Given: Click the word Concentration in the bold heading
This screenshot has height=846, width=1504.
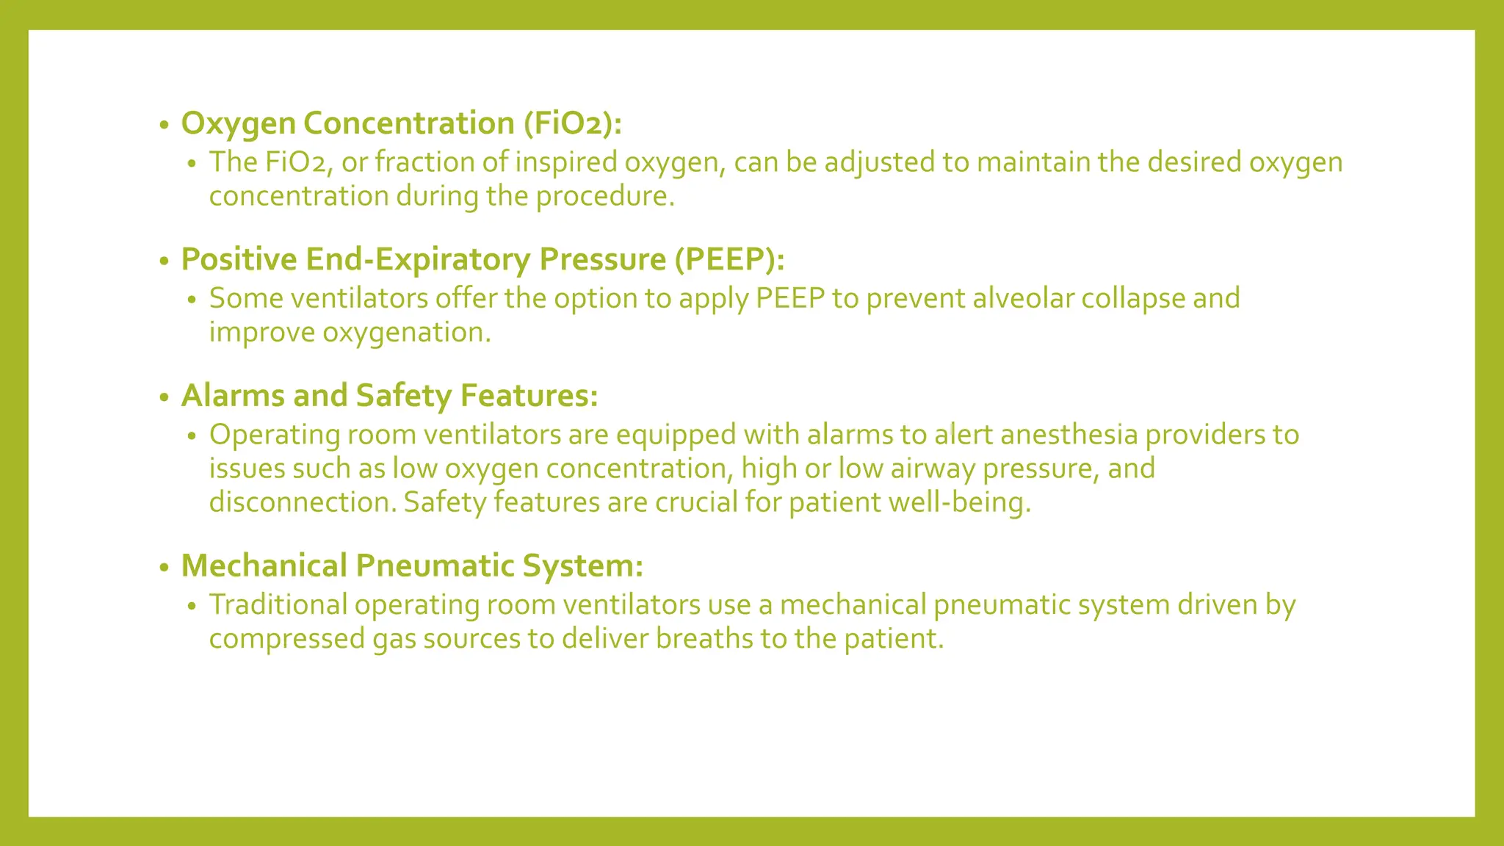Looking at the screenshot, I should (408, 123).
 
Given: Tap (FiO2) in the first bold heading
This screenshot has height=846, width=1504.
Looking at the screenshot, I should (572, 123).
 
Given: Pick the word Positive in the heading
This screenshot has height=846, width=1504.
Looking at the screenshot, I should (238, 259).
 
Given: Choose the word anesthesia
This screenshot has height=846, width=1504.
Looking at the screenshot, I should (1069, 435).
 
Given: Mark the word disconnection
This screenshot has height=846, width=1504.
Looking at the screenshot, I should (303, 503).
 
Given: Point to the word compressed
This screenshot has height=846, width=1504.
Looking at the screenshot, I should (286, 639).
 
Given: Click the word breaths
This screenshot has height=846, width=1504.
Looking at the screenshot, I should (704, 639).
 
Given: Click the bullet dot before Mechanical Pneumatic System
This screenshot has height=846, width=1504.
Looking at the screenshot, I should (164, 568).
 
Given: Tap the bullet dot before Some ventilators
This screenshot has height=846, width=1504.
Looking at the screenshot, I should (192, 300).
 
